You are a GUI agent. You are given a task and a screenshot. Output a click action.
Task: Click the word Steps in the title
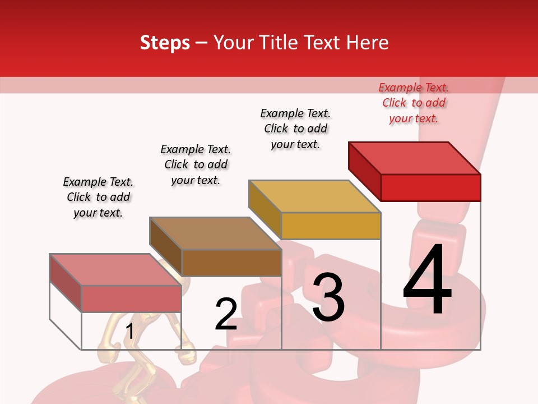(165, 43)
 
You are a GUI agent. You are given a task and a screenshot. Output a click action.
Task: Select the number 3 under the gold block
(328, 297)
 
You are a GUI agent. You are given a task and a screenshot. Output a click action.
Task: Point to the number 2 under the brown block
(226, 314)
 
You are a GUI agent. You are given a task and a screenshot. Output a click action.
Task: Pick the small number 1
(129, 332)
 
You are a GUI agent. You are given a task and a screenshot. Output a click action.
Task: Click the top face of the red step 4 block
(414, 158)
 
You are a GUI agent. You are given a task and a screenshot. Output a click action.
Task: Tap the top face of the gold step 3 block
(314, 196)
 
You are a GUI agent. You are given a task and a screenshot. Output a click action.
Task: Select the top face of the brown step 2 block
(215, 233)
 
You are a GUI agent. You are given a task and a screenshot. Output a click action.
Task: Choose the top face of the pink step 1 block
(115, 270)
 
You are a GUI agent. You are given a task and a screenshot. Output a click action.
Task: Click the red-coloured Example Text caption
(414, 103)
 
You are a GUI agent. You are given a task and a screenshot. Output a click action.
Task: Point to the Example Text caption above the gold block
(295, 128)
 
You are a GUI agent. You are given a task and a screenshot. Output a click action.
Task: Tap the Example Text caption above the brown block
(196, 164)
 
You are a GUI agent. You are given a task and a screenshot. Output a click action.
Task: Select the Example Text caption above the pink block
(98, 197)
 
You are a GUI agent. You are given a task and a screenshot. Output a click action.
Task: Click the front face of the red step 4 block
(430, 187)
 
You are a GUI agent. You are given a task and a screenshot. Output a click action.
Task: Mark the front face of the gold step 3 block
(331, 226)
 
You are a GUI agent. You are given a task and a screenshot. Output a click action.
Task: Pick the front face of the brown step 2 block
(231, 263)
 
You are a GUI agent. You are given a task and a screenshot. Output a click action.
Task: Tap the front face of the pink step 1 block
(131, 299)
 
